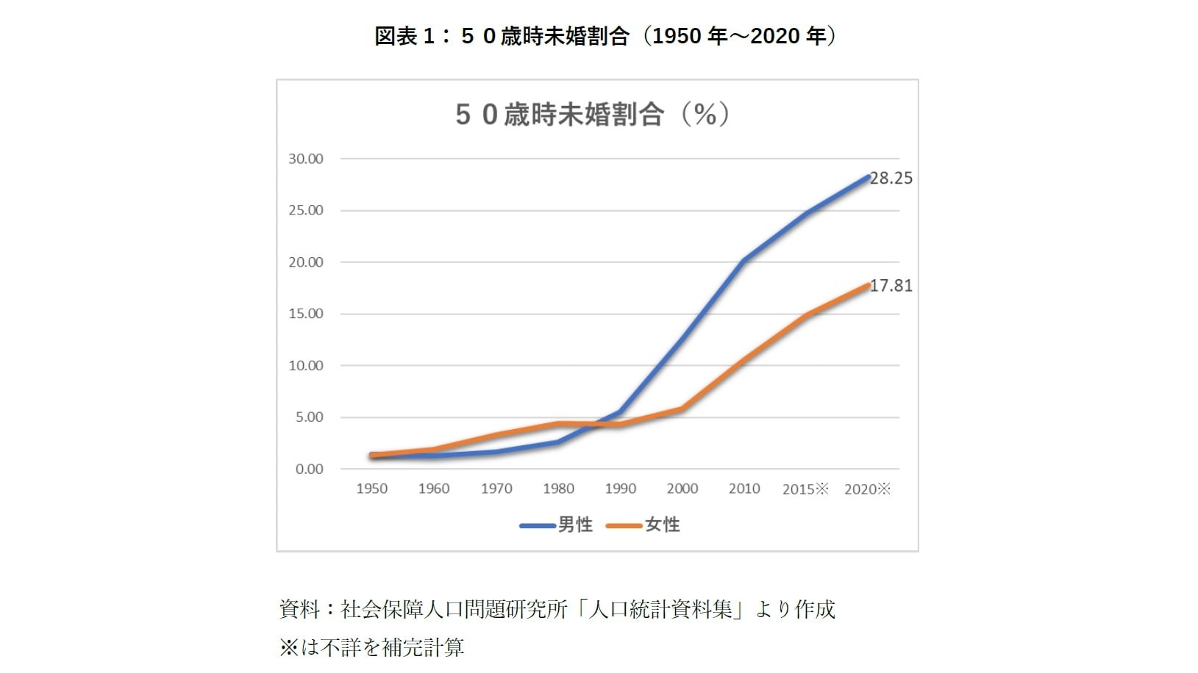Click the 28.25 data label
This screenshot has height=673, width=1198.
(891, 179)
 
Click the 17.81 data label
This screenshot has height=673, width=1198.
(891, 286)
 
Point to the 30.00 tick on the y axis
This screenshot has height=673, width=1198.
(306, 159)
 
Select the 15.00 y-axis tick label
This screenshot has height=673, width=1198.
(306, 314)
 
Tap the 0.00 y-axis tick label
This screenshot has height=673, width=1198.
(309, 469)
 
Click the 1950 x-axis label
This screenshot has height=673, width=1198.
(372, 489)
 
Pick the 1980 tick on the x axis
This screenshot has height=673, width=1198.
(558, 489)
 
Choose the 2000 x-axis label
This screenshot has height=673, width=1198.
(682, 489)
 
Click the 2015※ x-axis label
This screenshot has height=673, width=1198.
(805, 489)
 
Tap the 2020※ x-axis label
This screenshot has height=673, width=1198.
(868, 489)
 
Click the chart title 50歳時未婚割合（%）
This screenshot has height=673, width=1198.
(593, 115)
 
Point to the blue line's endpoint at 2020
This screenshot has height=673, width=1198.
(868, 177)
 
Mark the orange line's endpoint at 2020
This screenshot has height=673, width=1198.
(868, 285)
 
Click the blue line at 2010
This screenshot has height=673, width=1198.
(744, 259)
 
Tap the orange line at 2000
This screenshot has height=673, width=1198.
(682, 409)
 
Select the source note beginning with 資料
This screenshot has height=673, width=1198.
(557, 609)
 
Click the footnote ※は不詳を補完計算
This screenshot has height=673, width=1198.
(371, 647)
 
